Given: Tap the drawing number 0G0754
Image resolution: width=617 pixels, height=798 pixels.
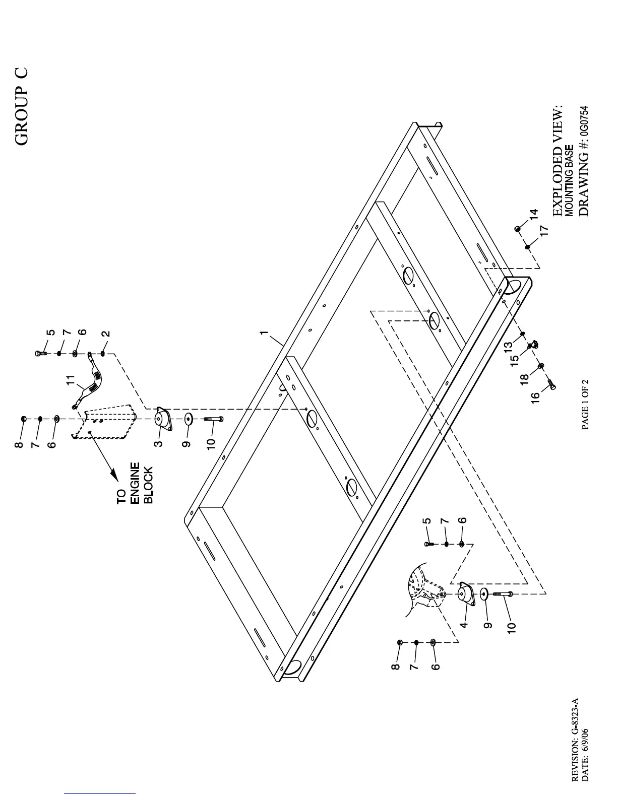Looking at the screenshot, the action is (583, 125).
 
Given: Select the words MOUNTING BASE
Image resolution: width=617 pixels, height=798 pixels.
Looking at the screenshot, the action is (568, 181).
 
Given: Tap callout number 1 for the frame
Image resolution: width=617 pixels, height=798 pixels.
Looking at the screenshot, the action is (263, 333).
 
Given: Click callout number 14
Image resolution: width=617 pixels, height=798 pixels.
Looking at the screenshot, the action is (534, 214).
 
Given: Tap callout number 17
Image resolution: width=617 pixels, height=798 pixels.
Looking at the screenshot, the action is (543, 230).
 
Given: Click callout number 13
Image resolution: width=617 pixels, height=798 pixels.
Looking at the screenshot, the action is (509, 346).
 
